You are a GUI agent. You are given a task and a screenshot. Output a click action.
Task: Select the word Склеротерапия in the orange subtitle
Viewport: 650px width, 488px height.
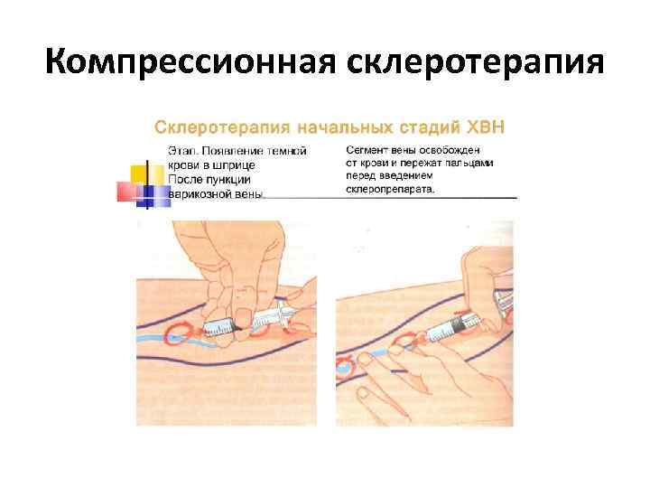tap(209, 126)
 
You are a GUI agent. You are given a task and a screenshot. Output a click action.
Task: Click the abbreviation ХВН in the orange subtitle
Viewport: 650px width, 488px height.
tap(487, 126)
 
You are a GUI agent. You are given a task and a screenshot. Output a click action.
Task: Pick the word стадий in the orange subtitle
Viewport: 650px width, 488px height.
tap(418, 126)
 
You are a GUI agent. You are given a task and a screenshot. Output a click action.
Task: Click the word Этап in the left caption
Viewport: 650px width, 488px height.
tap(182, 151)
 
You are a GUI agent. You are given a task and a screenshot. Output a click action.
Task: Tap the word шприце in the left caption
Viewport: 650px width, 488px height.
tap(234, 164)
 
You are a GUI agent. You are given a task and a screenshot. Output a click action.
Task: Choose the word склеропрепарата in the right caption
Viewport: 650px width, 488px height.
tap(389, 190)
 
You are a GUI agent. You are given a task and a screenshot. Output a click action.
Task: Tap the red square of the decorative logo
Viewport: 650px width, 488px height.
tap(126, 191)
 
